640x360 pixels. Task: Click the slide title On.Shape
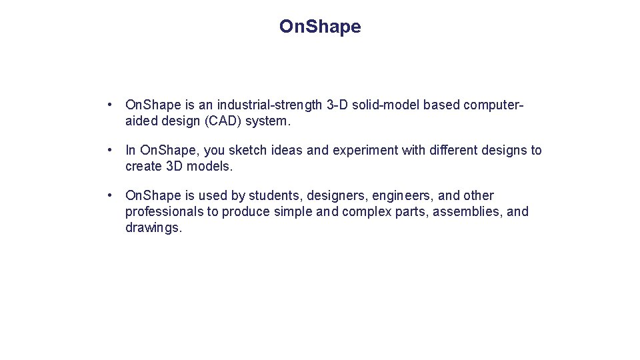(x=320, y=27)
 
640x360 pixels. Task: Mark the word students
(x=273, y=196)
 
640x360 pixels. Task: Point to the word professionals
(x=165, y=212)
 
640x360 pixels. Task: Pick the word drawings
(x=153, y=228)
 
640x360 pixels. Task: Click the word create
(x=143, y=167)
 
